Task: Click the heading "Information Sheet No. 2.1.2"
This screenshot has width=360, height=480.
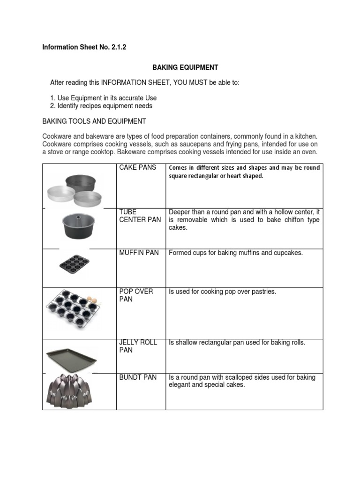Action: point(84,47)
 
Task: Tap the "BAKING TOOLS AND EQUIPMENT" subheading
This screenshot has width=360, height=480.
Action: point(94,121)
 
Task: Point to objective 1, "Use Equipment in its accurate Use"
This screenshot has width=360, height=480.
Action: point(107,98)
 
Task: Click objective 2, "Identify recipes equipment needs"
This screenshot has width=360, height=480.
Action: point(105,106)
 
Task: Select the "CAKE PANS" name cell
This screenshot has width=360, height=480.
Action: point(138,167)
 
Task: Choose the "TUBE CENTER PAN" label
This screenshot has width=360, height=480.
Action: point(140,216)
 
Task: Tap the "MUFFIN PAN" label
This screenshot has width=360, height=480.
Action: point(139,253)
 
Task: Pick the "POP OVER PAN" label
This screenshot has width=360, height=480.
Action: point(136,295)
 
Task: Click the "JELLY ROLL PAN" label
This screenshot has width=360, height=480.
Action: point(138,346)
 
